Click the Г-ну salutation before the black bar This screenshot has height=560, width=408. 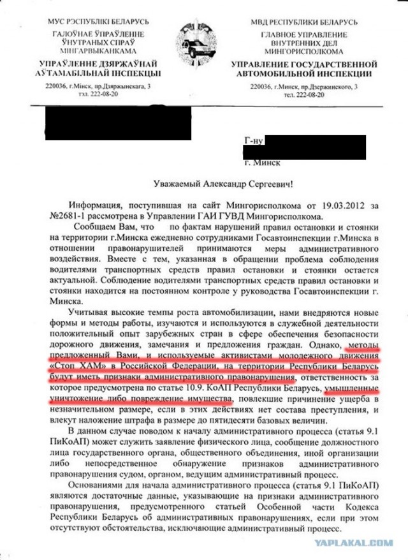(x=254, y=139)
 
